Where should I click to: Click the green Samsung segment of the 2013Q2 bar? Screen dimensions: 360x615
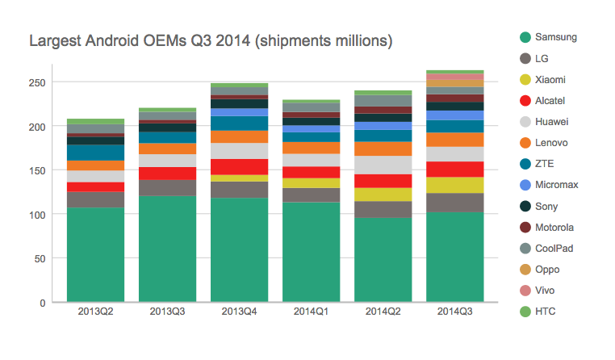click(95, 254)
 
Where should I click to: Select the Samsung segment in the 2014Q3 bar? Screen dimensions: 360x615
click(454, 257)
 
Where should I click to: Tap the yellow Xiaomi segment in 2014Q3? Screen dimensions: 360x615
click(454, 185)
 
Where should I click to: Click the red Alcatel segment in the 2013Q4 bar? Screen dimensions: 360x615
click(239, 166)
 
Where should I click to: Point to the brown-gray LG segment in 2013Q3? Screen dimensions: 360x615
click(167, 187)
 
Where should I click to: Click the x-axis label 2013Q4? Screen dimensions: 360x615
click(239, 311)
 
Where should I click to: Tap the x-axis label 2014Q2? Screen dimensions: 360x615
click(383, 311)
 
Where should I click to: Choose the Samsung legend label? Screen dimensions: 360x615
click(556, 37)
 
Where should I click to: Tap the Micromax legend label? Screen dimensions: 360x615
click(557, 185)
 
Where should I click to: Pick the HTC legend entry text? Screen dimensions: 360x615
click(546, 311)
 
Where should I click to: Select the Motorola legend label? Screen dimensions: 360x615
click(556, 227)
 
